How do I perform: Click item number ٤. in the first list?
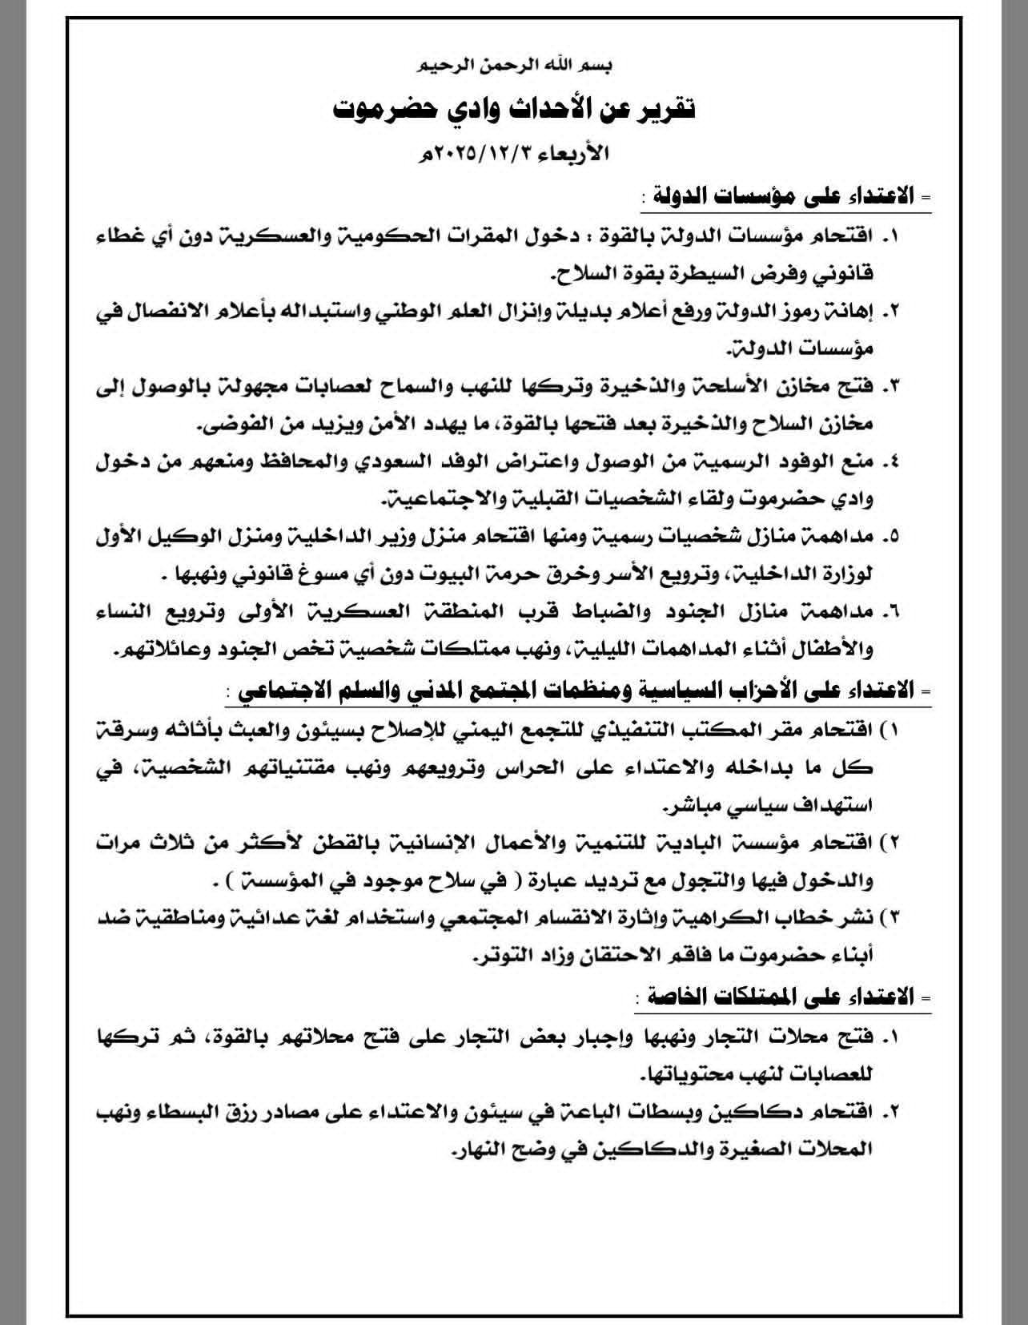[890, 462]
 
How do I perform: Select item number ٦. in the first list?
[890, 612]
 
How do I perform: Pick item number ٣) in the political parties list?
[889, 916]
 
